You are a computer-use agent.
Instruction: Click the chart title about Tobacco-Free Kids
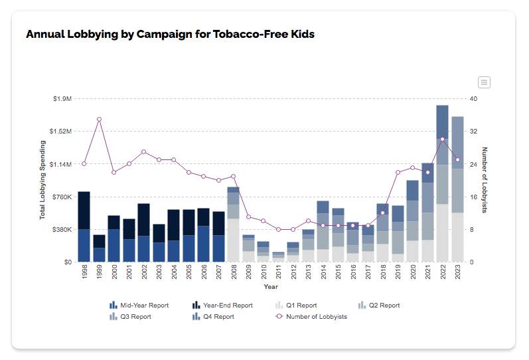[170, 34]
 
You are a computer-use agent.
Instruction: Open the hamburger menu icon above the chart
[484, 82]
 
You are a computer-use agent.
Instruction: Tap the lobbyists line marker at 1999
[99, 120]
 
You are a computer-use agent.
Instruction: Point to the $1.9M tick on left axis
[62, 98]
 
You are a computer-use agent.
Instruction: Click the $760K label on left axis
[62, 197]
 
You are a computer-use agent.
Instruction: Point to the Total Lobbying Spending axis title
[42, 180]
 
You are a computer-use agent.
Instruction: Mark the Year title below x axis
[271, 287]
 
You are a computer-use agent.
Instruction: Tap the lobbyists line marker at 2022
[442, 139]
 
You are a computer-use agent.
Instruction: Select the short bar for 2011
[278, 254]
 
